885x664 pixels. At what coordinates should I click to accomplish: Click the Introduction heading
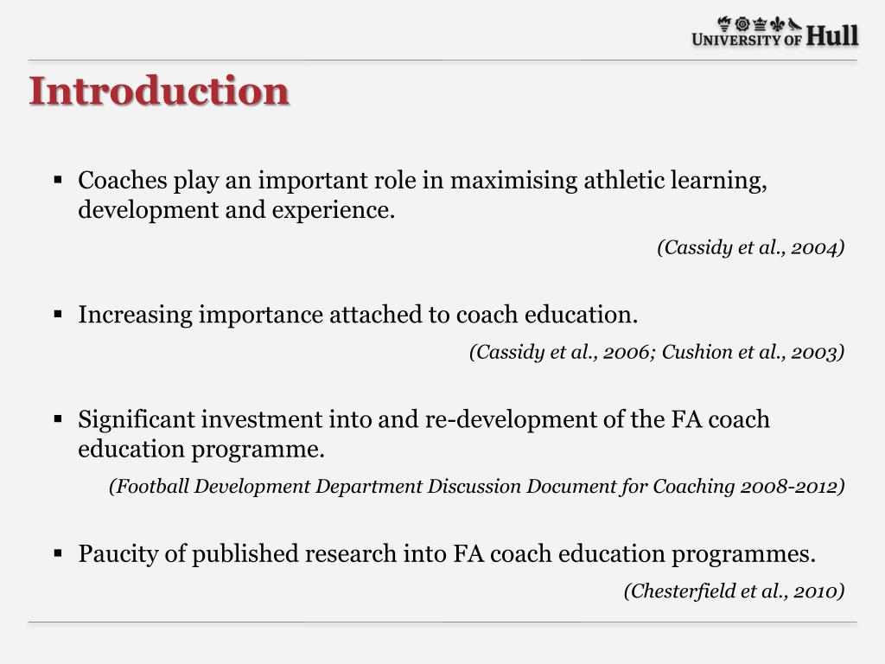159,92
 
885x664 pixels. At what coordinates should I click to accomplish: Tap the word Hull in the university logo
832,36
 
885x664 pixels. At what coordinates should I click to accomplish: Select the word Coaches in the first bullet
123,181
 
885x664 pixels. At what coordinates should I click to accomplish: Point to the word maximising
514,181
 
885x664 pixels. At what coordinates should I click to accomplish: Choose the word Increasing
136,315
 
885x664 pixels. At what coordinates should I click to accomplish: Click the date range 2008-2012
789,487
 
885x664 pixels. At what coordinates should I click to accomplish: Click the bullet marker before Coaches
58,181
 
